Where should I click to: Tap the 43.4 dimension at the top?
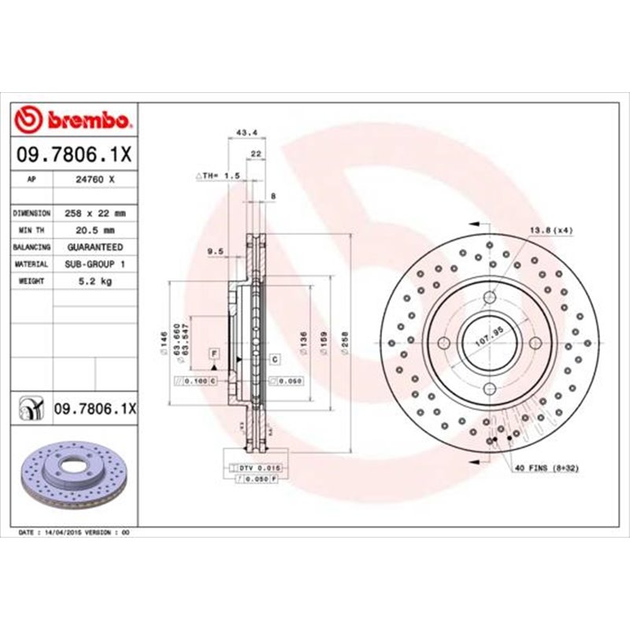point(243,133)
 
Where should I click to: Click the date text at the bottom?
point(73,533)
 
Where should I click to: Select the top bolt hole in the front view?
point(488,297)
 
